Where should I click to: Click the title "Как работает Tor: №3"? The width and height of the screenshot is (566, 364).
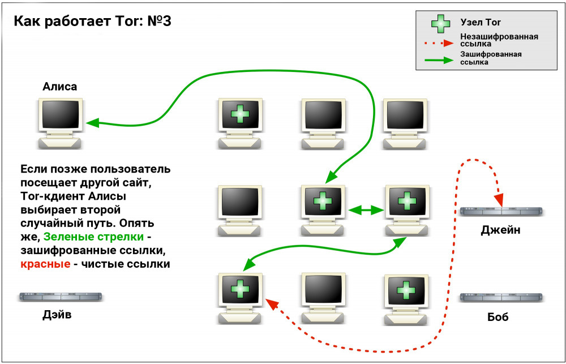tap(92, 22)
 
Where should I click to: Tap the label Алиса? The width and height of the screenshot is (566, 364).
tap(59, 86)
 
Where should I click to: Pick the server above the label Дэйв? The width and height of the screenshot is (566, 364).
tap(64, 297)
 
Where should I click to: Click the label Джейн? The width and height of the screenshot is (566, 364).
tap(500, 230)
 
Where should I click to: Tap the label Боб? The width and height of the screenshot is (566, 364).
tap(498, 316)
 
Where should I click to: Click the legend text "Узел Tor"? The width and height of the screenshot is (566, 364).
tap(481, 23)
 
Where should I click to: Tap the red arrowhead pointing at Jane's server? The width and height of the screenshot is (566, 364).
tap(499, 199)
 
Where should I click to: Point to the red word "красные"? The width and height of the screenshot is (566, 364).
tap(45, 264)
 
